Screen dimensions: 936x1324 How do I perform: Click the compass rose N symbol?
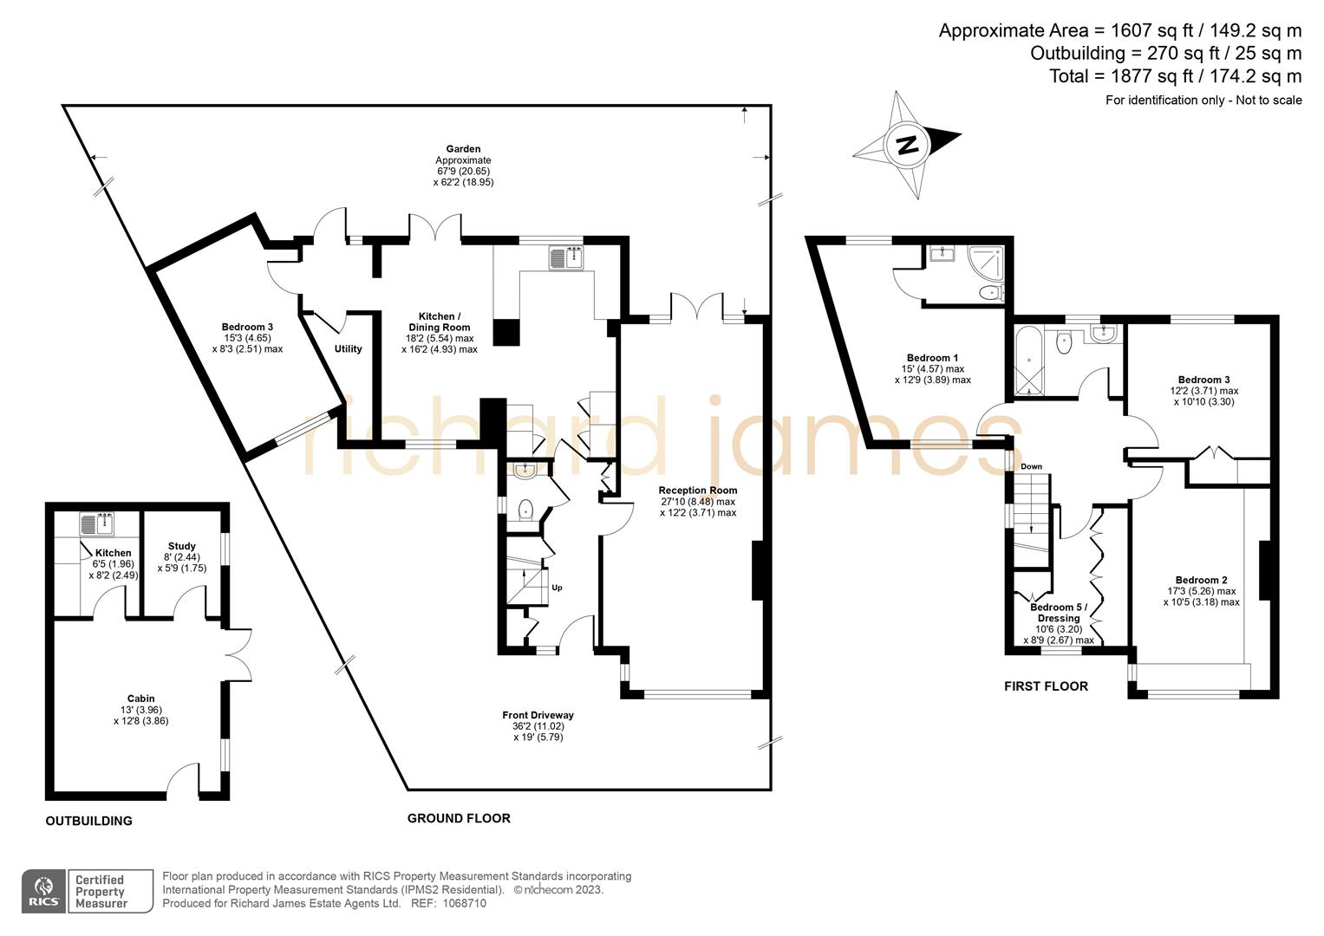(907, 145)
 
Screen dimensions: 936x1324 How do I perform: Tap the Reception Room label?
(697, 491)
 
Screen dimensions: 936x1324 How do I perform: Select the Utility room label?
(348, 349)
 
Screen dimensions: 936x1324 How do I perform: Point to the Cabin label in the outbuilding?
(140, 699)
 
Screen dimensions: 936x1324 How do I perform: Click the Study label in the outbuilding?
(181, 547)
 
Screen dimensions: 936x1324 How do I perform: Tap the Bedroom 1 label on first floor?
(932, 358)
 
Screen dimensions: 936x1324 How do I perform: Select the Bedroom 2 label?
(1201, 581)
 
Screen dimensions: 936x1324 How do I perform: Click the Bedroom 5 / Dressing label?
(1058, 613)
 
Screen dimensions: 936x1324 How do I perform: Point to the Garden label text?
(463, 149)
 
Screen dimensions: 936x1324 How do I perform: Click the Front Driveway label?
(538, 715)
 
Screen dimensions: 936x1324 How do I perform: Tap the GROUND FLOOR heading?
(459, 818)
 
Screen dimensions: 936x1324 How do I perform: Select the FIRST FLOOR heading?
(1046, 686)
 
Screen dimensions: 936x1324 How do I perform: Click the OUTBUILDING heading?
(88, 821)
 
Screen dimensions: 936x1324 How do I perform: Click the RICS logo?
(43, 891)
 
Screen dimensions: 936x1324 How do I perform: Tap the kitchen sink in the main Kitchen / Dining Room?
(568, 257)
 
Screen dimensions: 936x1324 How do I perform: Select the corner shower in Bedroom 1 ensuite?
(988, 259)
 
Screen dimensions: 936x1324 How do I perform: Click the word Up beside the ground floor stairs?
(557, 588)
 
